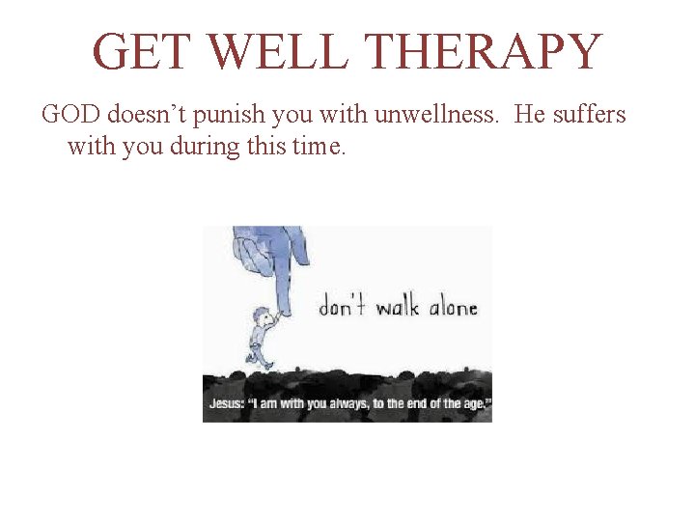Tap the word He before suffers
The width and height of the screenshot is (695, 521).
530,116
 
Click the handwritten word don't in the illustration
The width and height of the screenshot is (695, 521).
343,308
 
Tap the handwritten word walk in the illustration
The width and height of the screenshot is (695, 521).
397,308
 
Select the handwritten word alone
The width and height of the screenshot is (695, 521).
453,308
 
